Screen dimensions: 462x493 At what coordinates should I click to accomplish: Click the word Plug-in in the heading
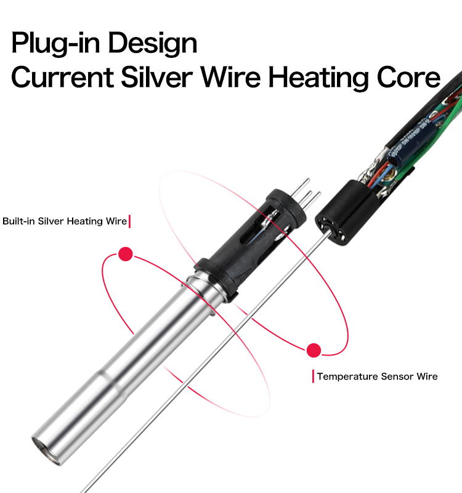coord(55,43)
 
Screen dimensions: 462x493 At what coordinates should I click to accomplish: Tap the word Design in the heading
coord(153,43)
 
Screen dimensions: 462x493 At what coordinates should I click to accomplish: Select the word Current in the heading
coord(62,77)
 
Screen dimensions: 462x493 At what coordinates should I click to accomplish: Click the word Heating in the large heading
coord(318,78)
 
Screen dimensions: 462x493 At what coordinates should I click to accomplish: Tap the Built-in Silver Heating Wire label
coord(65,221)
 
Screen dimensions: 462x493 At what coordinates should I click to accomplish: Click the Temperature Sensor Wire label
coord(377,377)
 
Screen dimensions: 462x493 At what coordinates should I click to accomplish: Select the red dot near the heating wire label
coord(126,254)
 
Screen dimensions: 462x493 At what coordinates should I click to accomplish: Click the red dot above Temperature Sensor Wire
coord(314,350)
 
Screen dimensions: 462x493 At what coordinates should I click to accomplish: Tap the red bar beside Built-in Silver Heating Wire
coord(129,221)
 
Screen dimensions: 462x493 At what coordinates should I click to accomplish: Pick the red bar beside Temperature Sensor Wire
coord(313,377)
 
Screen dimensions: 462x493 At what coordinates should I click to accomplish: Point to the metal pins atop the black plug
coord(305,191)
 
